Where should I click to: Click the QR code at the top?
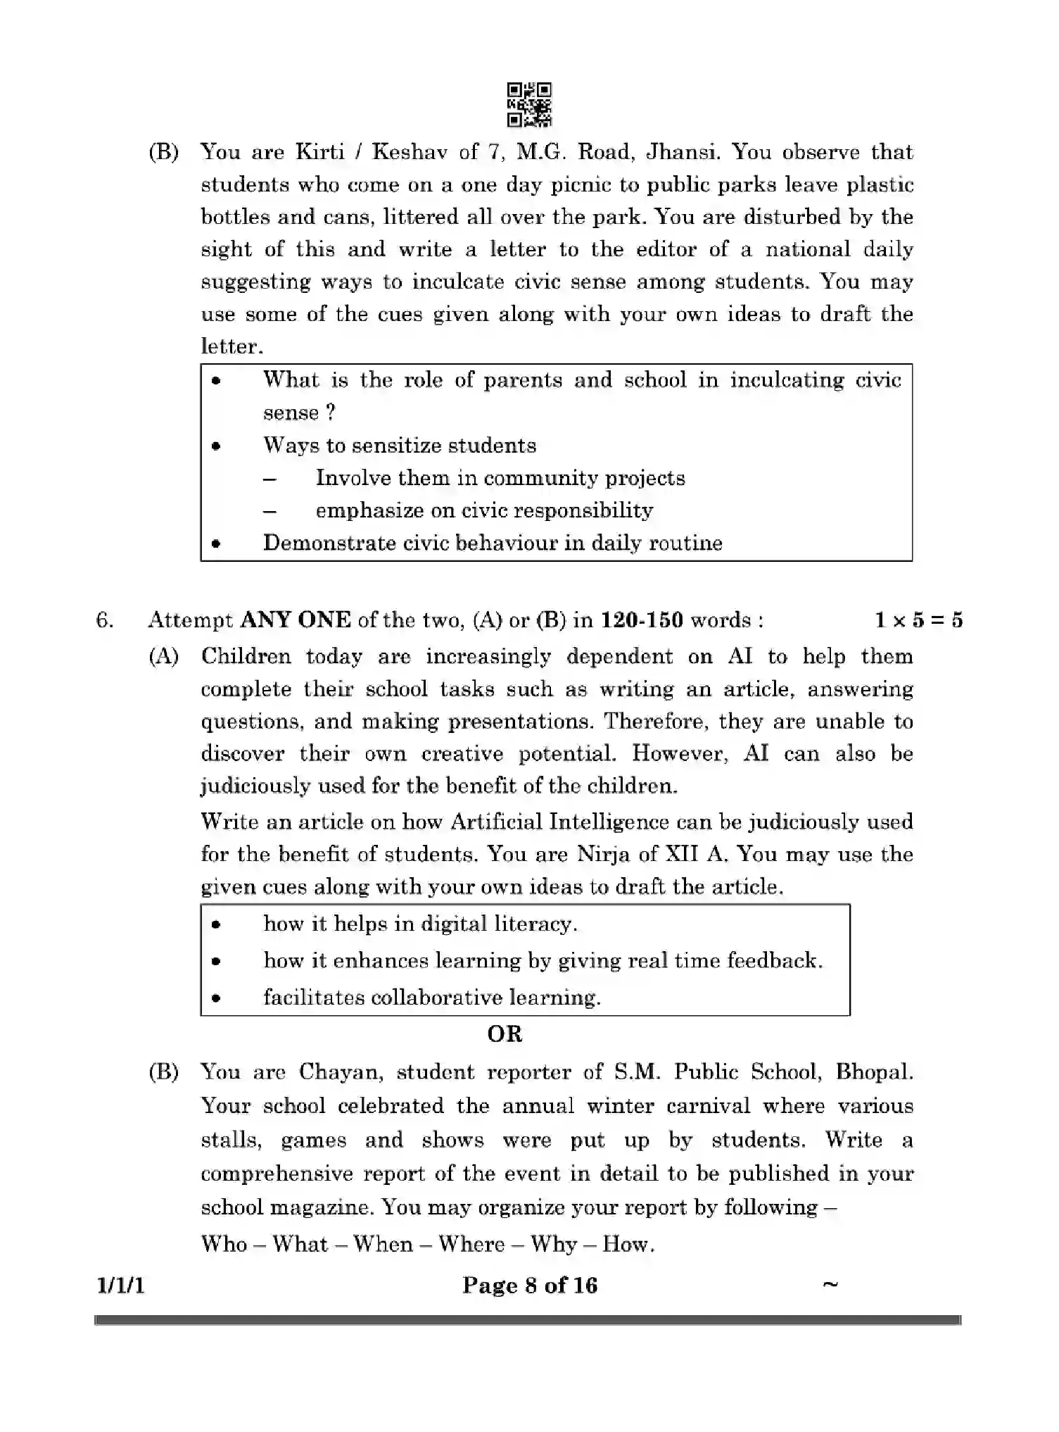point(529,105)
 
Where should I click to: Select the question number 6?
point(104,620)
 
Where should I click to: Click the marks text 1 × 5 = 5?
point(918,620)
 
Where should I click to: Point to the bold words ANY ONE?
point(296,620)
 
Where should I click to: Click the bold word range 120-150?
point(641,620)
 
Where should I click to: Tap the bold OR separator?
point(505,1034)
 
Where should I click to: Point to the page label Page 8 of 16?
point(529,1286)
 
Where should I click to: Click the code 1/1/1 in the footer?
point(120,1286)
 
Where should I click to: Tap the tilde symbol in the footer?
point(830,1284)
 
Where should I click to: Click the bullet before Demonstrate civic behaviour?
point(217,544)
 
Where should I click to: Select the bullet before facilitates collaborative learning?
point(217,998)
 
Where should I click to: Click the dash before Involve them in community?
point(269,479)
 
